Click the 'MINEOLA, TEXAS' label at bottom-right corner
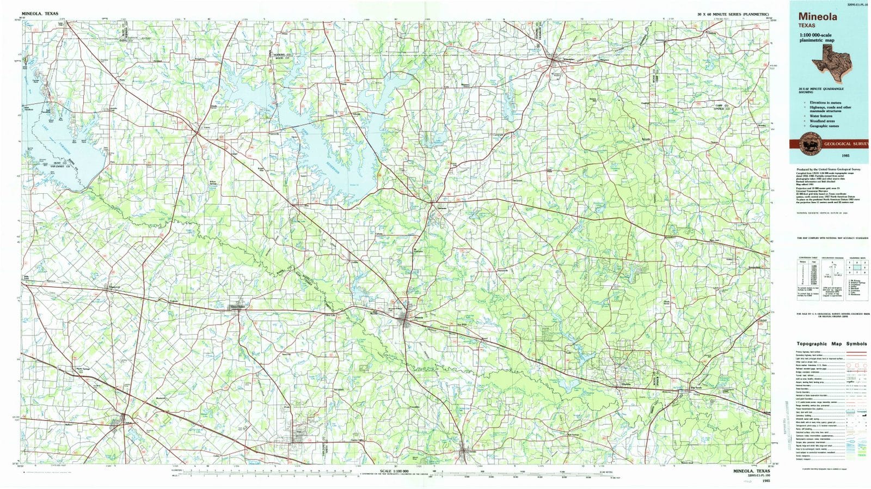(x=751, y=471)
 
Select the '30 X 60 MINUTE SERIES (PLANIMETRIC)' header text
(x=733, y=14)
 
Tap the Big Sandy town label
(x=696, y=388)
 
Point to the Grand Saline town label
(x=238, y=307)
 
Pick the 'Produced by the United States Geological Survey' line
(x=827, y=169)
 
